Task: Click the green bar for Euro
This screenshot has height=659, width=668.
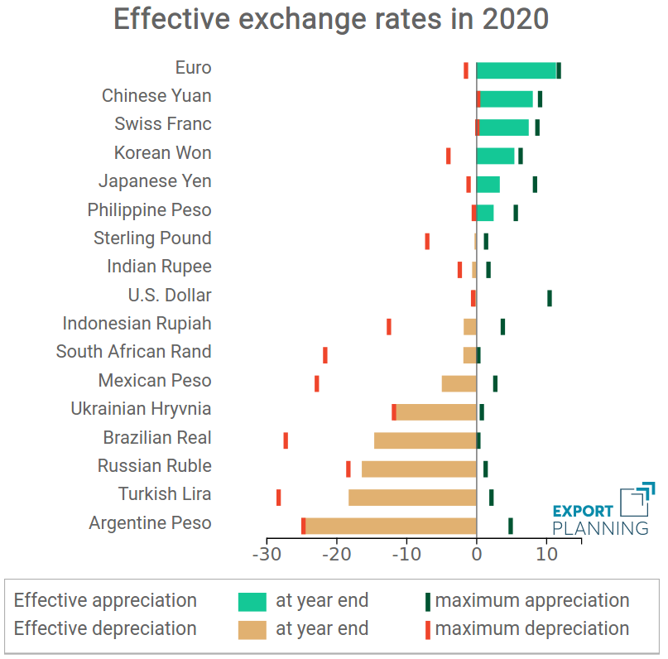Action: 517,70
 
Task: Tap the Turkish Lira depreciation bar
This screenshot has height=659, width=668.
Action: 412,497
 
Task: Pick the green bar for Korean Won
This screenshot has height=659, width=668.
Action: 496,156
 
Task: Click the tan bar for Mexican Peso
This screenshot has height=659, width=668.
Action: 459,383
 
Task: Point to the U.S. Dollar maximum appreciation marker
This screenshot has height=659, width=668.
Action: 549,298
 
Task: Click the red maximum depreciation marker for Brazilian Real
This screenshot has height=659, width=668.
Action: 286,440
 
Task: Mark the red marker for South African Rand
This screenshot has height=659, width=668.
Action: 324,355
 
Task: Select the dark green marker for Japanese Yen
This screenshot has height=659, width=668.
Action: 535,185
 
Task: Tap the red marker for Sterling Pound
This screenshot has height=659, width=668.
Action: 427,241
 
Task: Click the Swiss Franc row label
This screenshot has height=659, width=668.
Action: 163,124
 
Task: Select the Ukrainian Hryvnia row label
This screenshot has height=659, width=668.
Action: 141,409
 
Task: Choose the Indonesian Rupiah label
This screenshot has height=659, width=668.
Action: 137,324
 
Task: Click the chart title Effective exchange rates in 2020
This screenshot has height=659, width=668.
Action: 331,19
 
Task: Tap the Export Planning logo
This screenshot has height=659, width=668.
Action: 602,510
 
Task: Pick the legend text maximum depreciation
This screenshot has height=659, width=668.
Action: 531,629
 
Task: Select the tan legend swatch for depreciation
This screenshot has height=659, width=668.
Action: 252,629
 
